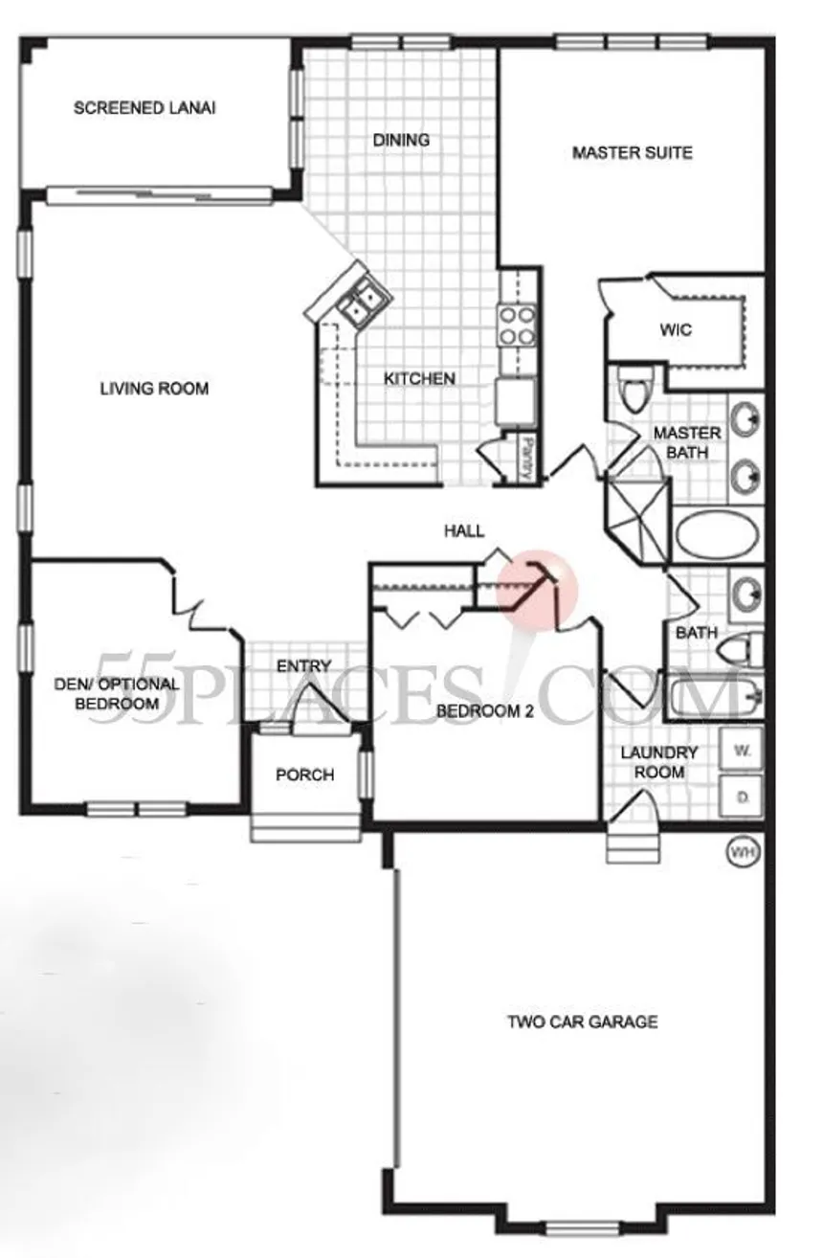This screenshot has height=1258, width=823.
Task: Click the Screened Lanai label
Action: pyautogui.click(x=145, y=108)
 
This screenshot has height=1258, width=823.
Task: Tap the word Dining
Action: pyautogui.click(x=401, y=140)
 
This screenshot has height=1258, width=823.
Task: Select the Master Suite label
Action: pyautogui.click(x=632, y=153)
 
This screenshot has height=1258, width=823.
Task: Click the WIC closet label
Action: pyautogui.click(x=676, y=329)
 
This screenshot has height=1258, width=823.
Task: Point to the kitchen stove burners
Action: pyautogui.click(x=517, y=326)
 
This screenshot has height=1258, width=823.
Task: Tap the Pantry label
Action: pyautogui.click(x=525, y=459)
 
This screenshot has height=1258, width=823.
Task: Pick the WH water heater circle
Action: pyautogui.click(x=744, y=852)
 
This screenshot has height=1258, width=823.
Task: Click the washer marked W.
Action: pyautogui.click(x=741, y=751)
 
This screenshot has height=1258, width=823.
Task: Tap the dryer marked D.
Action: pyautogui.click(x=741, y=797)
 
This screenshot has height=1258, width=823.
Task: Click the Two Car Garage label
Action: pyautogui.click(x=582, y=1022)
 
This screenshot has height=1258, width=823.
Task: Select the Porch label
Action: pyautogui.click(x=305, y=775)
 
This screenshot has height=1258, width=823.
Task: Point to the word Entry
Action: pyautogui.click(x=303, y=666)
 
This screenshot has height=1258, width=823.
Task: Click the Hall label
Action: pyautogui.click(x=464, y=530)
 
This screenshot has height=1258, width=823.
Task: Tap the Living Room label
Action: pyautogui.click(x=154, y=389)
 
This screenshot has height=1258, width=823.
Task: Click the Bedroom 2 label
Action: pyautogui.click(x=484, y=711)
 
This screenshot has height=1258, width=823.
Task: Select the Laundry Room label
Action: pyautogui.click(x=659, y=762)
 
